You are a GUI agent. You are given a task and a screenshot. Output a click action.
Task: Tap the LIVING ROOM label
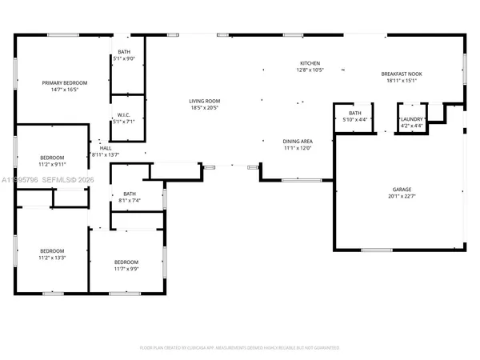click(x=204, y=101)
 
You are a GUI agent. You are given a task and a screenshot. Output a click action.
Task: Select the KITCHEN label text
click(x=310, y=63)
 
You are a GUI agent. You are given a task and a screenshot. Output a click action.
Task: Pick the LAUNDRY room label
click(x=412, y=120)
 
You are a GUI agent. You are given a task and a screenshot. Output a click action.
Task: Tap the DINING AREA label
click(x=297, y=142)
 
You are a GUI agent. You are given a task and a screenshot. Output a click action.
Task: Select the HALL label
click(x=106, y=148)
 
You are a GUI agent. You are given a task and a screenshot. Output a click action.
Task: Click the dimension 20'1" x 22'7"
click(x=402, y=197)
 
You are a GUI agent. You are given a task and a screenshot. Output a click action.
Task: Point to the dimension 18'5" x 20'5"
click(x=204, y=107)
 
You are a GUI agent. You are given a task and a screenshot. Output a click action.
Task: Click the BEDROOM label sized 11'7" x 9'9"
click(x=126, y=262)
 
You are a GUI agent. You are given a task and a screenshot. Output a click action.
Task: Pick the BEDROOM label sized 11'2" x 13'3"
click(x=52, y=250)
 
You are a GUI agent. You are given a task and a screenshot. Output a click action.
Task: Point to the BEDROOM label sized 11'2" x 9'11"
click(x=52, y=158)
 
